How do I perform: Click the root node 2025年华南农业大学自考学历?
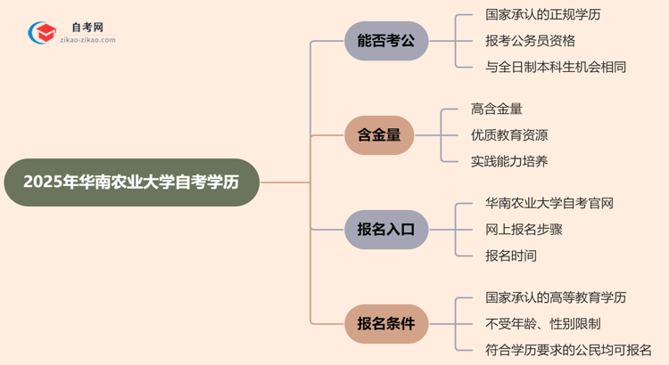pos(130,182)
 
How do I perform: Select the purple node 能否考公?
pos(386,41)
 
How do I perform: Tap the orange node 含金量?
pos(379,135)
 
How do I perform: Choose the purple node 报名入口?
pos(386,230)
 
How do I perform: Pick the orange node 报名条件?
pos(386,323)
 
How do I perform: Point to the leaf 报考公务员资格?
pos(530,41)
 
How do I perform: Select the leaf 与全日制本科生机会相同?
pos(555,67)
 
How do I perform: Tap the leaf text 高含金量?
pos(496,109)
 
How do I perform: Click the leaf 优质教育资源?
pos(508,135)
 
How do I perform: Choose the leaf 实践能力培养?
pos(508,161)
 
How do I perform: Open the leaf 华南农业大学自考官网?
pos(549,204)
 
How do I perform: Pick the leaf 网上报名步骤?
pos(524,230)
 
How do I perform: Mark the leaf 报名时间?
pos(511,255)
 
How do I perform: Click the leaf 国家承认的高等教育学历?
pos(555,297)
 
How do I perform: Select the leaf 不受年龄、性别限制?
pos(542,323)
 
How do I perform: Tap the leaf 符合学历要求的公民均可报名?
pos(567,349)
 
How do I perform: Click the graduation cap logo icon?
pos(42,33)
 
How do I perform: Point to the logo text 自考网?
pos(87,28)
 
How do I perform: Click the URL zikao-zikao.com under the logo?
pos(87,41)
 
